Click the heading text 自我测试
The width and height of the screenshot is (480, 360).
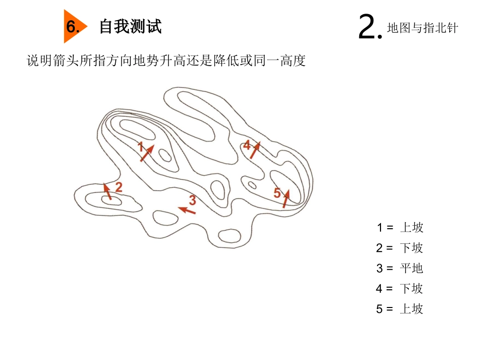(130, 26)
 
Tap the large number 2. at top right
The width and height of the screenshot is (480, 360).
(369, 27)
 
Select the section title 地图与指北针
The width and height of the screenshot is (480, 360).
(422, 28)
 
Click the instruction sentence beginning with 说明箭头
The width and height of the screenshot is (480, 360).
(166, 61)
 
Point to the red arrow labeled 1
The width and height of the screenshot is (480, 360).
(147, 153)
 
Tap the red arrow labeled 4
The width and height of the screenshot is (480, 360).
(255, 150)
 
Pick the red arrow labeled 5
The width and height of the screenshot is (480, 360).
(286, 198)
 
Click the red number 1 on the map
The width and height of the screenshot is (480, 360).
(141, 146)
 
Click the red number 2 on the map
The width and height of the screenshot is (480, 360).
(119, 187)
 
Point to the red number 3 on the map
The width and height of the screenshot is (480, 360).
(193, 199)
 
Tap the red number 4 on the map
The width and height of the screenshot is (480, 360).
(247, 145)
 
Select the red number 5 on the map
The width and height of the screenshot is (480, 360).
(277, 192)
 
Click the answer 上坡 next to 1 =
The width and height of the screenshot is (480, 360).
(411, 228)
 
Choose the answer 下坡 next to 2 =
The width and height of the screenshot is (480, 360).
(411, 248)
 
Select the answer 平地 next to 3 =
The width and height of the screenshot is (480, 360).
(411, 268)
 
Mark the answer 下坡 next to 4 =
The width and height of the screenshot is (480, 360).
(411, 289)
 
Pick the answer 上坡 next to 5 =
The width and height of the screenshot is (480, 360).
(411, 309)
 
